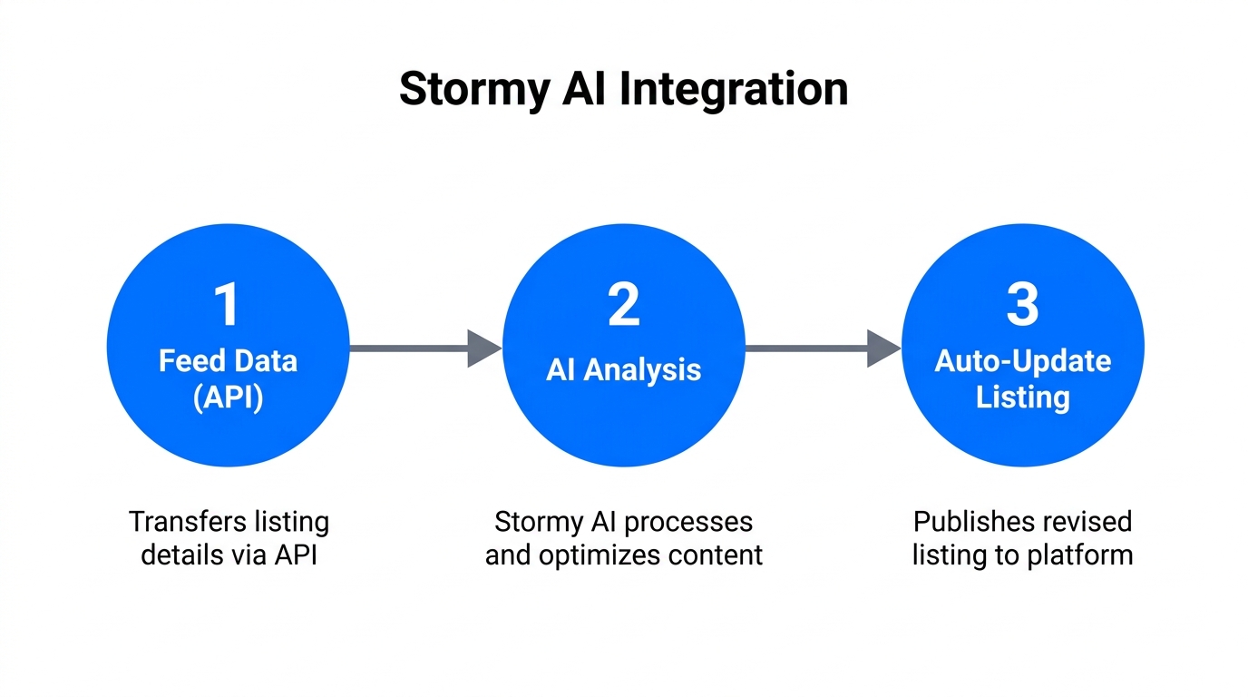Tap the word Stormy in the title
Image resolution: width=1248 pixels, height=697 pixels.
[x=474, y=90]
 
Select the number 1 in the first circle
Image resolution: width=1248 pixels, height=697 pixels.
[x=227, y=305]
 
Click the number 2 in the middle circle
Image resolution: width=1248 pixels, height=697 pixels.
[x=624, y=305]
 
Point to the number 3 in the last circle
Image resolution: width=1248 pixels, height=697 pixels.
[x=1022, y=305]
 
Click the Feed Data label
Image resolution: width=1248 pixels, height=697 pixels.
[x=228, y=361]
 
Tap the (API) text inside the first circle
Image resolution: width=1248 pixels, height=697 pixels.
[x=228, y=398]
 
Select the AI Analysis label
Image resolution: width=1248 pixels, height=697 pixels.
[x=624, y=370]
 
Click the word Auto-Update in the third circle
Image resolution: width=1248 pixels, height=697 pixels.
[x=1022, y=361]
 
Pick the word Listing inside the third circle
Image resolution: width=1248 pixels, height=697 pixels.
[x=1022, y=398]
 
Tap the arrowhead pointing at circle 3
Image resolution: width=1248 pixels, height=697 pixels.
[x=882, y=348]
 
